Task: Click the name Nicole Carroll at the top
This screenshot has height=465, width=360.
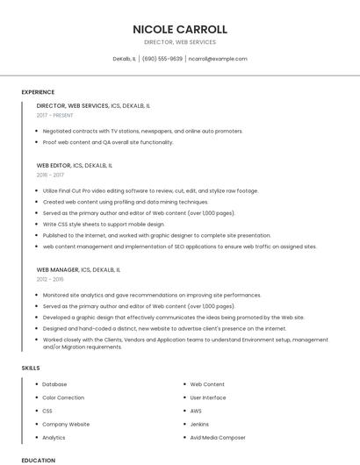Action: tap(180, 29)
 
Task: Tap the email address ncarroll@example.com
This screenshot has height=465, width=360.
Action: tap(218, 59)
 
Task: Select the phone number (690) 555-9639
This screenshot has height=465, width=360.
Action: tap(162, 59)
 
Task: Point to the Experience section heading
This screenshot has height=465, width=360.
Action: tap(38, 92)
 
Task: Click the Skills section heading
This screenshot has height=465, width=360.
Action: tap(31, 368)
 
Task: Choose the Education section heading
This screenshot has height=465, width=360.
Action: tap(38, 460)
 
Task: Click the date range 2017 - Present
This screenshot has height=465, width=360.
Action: tap(54, 115)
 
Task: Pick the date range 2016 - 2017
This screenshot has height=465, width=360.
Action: tap(50, 175)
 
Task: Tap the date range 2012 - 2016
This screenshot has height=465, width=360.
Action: tap(50, 279)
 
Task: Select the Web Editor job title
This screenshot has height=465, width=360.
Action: tap(54, 165)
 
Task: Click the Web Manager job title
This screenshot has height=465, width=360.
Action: tap(58, 269)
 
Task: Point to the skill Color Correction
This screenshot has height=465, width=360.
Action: tap(63, 397)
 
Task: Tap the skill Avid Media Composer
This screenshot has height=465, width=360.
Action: tap(218, 437)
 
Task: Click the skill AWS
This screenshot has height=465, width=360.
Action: tap(196, 411)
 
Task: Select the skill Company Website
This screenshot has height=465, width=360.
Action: tap(66, 424)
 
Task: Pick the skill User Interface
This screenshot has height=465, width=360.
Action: tap(208, 397)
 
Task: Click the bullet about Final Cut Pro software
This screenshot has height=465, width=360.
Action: tap(150, 190)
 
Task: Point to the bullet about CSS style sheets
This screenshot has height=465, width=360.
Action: tap(104, 224)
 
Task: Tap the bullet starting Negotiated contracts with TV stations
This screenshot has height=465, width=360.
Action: tap(142, 131)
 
